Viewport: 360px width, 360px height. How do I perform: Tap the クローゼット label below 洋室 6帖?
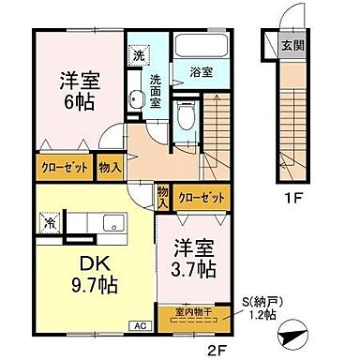pos(64,167)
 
